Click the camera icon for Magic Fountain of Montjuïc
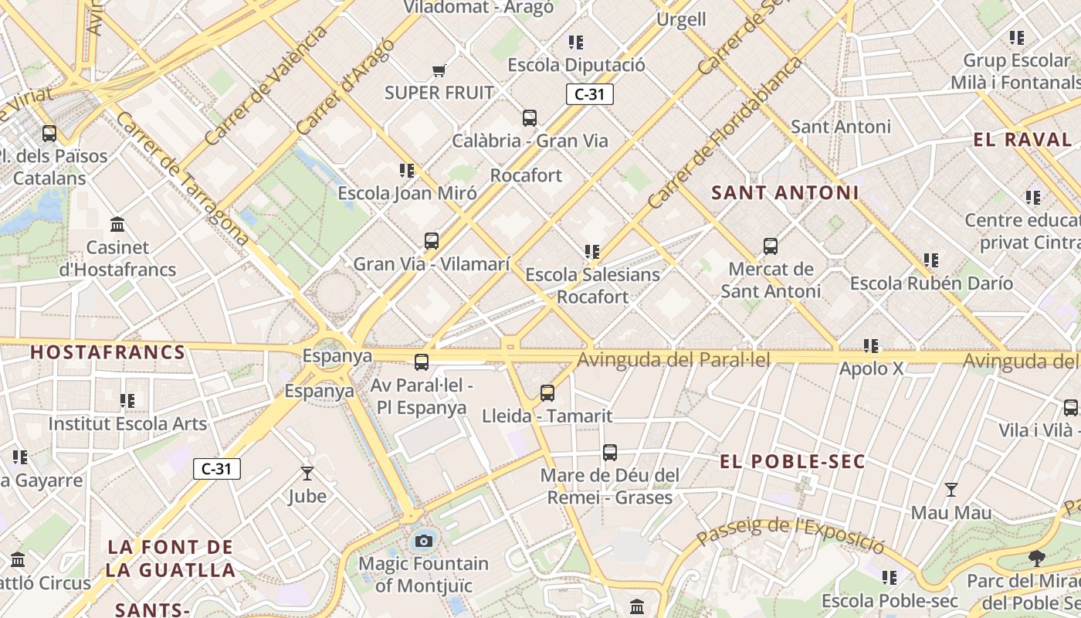click(x=423, y=541)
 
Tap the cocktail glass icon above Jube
click(x=307, y=473)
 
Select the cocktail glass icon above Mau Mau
click(x=951, y=490)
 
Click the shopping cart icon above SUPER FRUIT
click(x=439, y=71)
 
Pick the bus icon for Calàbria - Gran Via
click(x=530, y=118)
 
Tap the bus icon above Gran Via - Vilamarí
click(x=432, y=241)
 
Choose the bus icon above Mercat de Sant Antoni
click(x=771, y=246)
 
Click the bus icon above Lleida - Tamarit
click(x=547, y=393)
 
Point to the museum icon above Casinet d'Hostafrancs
click(x=117, y=225)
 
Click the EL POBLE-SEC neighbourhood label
click(x=792, y=462)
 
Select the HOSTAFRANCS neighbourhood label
click(x=108, y=353)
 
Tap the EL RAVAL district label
click(x=1022, y=140)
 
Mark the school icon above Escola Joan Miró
click(x=407, y=170)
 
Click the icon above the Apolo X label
click(x=871, y=345)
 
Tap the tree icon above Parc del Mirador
click(x=1036, y=558)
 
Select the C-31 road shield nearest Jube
click(x=217, y=468)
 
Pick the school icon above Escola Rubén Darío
click(x=931, y=260)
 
